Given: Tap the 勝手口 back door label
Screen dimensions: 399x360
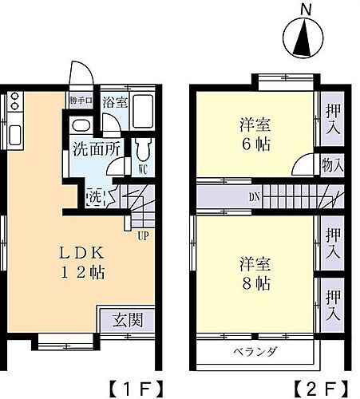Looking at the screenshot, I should (x=80, y=101).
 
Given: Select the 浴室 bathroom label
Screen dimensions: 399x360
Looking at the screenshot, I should (x=116, y=102).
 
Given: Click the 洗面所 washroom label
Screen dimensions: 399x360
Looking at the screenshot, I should (x=97, y=148).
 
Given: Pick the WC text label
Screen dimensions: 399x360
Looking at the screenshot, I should (x=141, y=169).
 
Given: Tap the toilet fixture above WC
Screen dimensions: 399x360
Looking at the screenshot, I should (x=143, y=148).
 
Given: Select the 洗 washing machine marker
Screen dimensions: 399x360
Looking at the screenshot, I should (x=94, y=195).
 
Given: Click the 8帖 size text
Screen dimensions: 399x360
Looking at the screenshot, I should (x=253, y=284).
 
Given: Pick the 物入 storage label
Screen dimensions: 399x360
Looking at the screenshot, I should (x=332, y=167).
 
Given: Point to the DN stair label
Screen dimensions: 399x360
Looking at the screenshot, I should (x=253, y=196).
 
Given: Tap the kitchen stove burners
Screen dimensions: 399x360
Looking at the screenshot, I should (x=15, y=103).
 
